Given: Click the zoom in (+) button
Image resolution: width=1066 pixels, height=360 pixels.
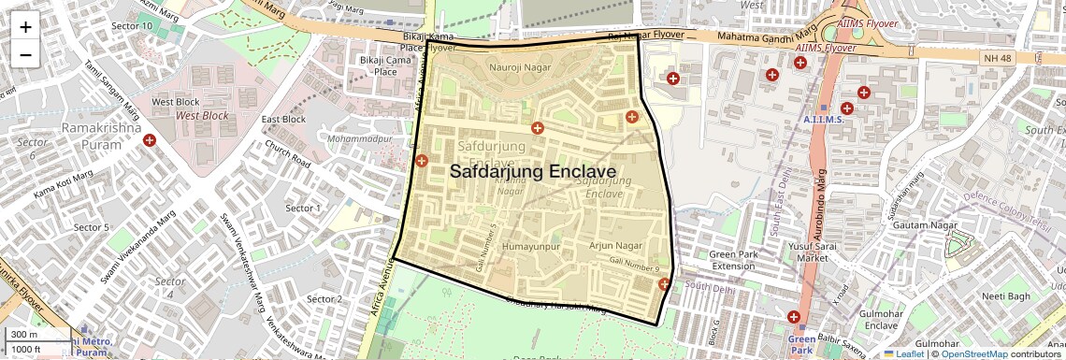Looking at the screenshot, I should tap(25, 27).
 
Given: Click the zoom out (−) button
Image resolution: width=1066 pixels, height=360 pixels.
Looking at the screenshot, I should tap(25, 55).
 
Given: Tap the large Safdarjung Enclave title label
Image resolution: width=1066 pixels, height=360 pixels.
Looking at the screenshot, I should tap(532, 172).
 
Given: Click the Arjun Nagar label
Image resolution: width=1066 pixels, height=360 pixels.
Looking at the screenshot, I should tap(616, 245).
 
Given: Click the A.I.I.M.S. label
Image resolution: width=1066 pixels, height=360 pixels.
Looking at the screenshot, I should tap(824, 120).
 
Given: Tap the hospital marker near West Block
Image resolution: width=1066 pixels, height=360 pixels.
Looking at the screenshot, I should tap(149, 140).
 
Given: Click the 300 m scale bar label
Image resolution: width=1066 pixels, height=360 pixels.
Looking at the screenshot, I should tap(24, 334).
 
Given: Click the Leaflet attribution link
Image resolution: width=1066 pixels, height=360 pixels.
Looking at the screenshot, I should tap(903, 354).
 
